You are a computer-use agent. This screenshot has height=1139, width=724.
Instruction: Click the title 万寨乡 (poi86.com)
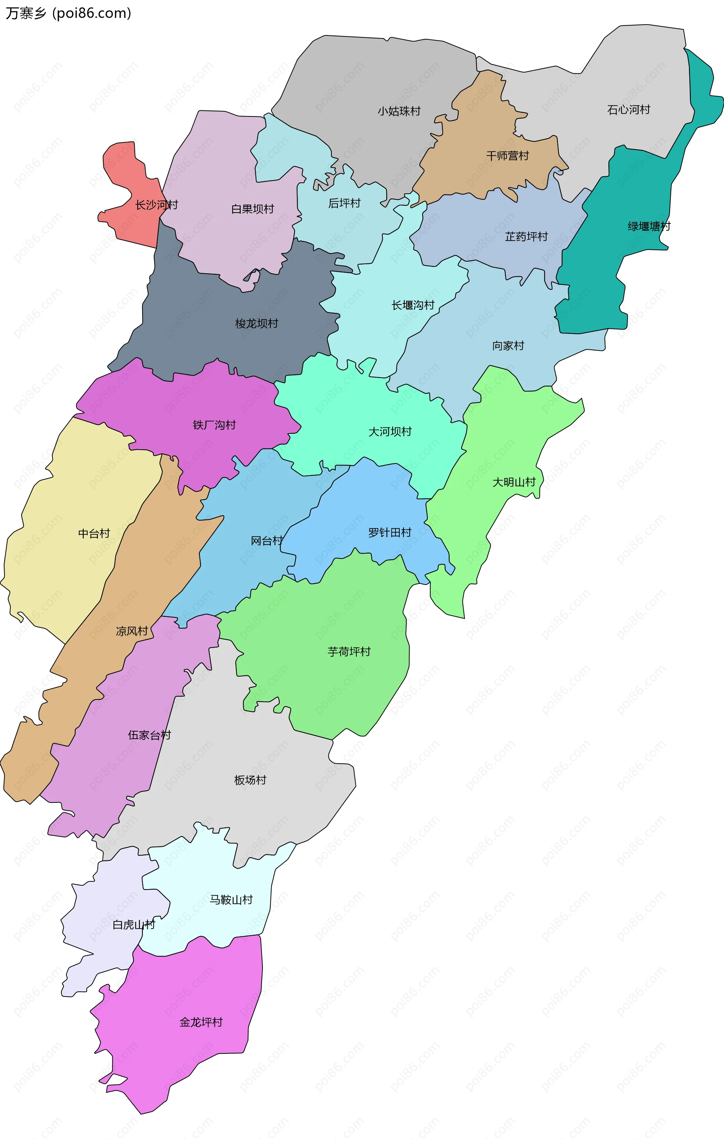click(69, 13)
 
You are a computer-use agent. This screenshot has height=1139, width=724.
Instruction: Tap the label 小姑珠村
click(399, 111)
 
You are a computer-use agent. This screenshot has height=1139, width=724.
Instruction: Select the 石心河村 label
click(629, 110)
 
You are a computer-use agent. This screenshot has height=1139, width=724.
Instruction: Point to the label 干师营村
click(507, 156)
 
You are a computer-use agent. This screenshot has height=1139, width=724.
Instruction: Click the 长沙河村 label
click(156, 205)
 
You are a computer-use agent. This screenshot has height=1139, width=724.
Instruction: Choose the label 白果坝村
click(253, 209)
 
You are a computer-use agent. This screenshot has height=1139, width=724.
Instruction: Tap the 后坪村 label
click(345, 204)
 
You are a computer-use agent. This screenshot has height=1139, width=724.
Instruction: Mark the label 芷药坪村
click(526, 236)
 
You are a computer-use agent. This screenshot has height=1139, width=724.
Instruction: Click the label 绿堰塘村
click(649, 227)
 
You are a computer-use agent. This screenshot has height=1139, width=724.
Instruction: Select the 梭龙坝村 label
click(256, 323)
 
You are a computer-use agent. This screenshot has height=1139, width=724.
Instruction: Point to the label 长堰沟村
click(413, 305)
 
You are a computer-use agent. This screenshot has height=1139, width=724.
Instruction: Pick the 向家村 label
click(508, 346)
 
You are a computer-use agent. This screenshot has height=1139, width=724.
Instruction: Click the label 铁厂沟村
click(214, 425)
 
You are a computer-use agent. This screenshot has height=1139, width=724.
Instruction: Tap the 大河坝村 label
click(390, 432)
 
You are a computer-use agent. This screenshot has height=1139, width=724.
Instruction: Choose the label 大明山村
click(514, 482)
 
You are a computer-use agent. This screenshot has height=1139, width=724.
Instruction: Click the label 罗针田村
click(390, 533)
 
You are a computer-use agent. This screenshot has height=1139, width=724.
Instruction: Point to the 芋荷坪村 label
click(349, 652)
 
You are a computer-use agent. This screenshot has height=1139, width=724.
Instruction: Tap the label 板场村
click(250, 780)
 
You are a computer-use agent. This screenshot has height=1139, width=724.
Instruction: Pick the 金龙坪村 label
click(201, 1022)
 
